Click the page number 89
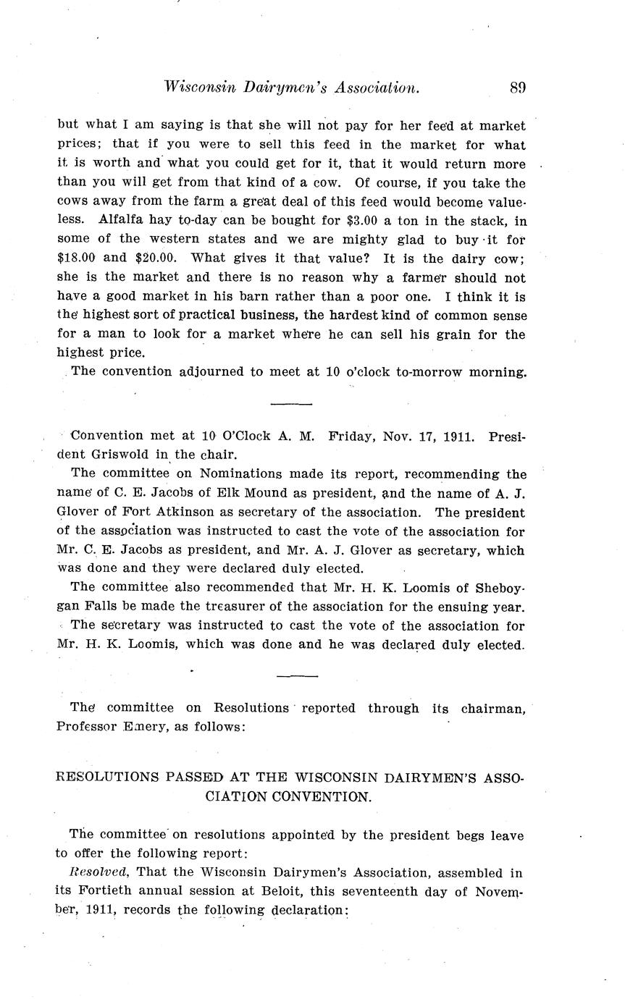(x=517, y=88)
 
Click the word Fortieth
(x=108, y=891)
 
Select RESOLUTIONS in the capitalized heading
(x=106, y=777)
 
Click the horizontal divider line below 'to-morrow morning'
(x=291, y=404)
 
